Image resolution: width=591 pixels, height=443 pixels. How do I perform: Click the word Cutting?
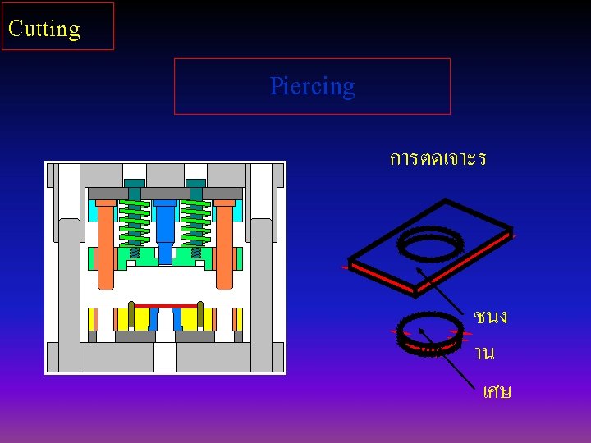click(44, 29)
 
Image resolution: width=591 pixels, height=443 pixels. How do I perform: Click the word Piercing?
click(312, 86)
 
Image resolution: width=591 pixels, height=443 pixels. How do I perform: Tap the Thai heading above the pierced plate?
click(438, 158)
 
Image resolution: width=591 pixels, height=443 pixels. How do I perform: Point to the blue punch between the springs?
click(165, 230)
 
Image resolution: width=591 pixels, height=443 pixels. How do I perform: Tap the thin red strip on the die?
click(165, 306)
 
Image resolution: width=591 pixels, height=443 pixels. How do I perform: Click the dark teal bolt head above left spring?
click(135, 183)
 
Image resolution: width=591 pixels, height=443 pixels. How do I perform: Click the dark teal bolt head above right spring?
click(195, 183)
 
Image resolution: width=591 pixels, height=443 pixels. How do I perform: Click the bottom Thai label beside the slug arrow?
click(497, 392)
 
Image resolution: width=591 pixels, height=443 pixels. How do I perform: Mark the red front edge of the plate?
click(382, 276)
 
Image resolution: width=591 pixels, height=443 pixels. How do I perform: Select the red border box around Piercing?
click(312, 60)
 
